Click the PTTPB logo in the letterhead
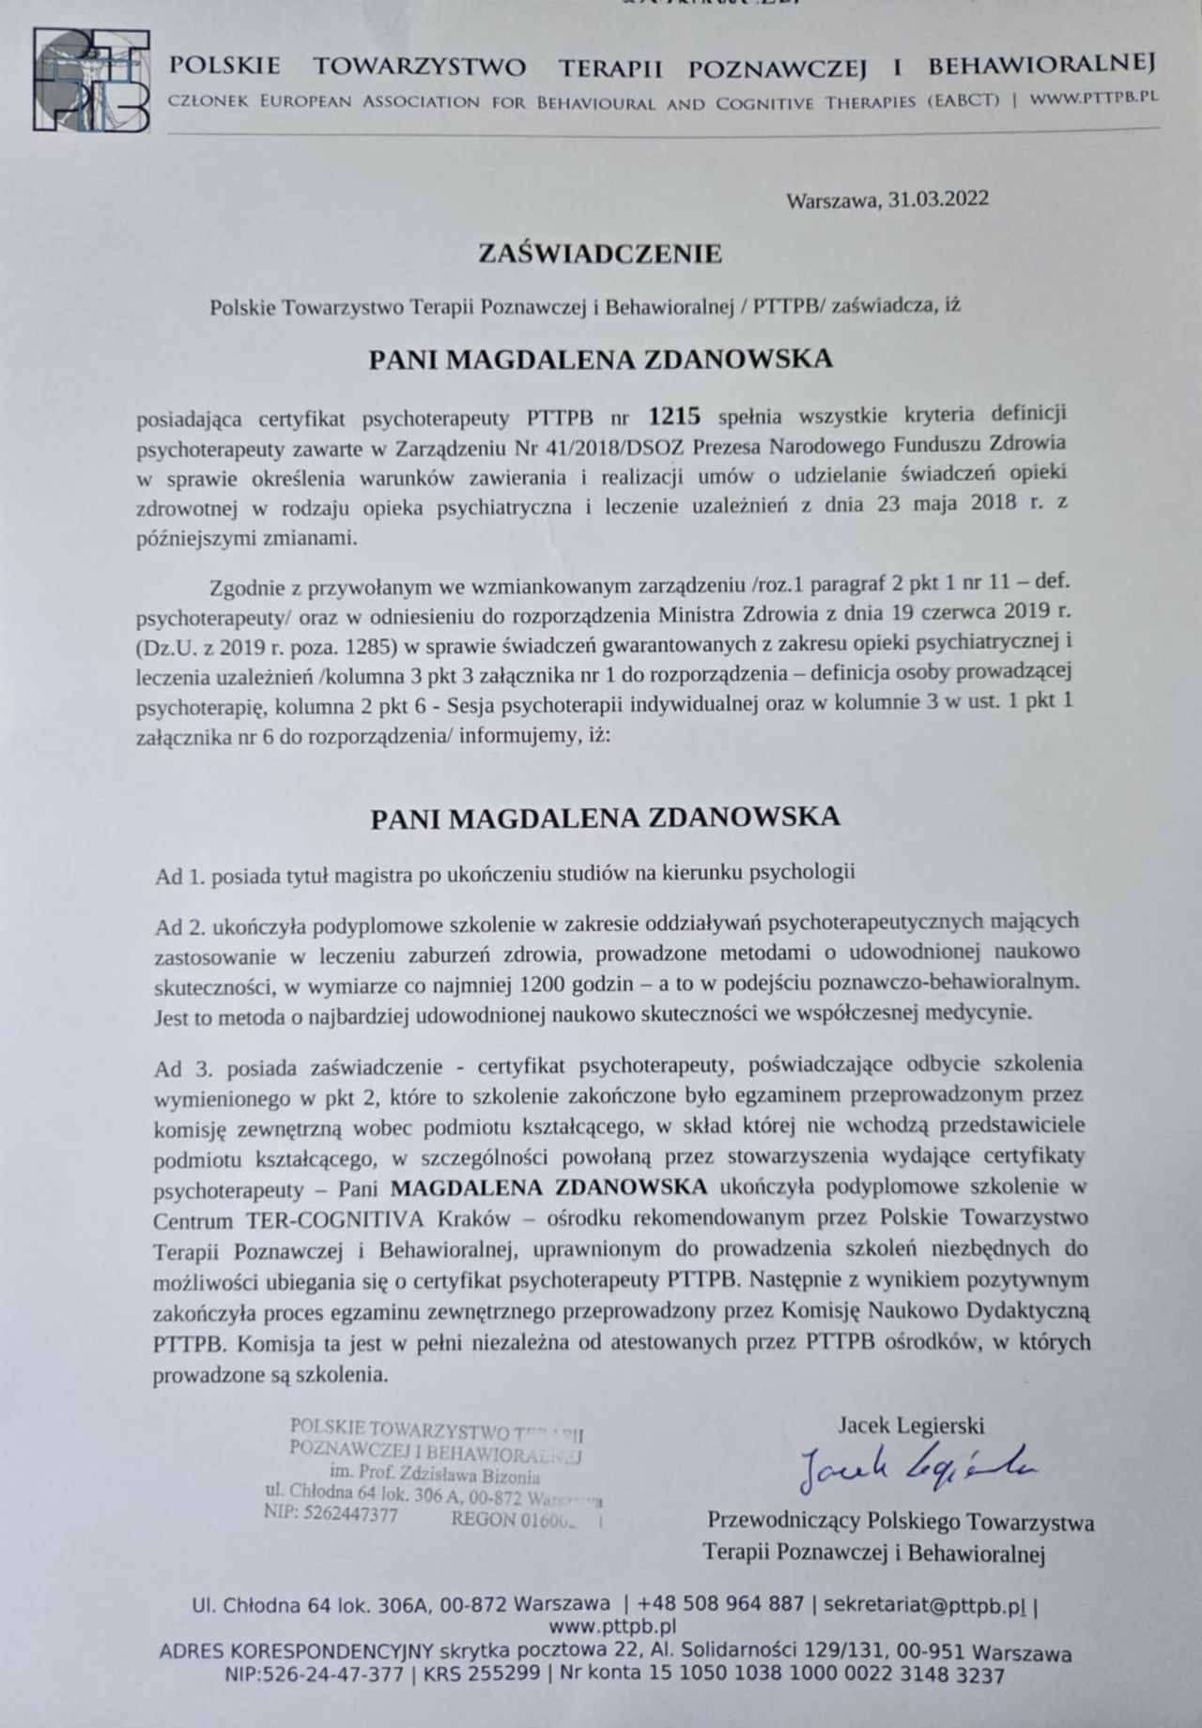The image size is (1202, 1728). [90, 81]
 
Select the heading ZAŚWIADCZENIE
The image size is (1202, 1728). [600, 253]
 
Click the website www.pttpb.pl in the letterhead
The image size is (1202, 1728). [1091, 99]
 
